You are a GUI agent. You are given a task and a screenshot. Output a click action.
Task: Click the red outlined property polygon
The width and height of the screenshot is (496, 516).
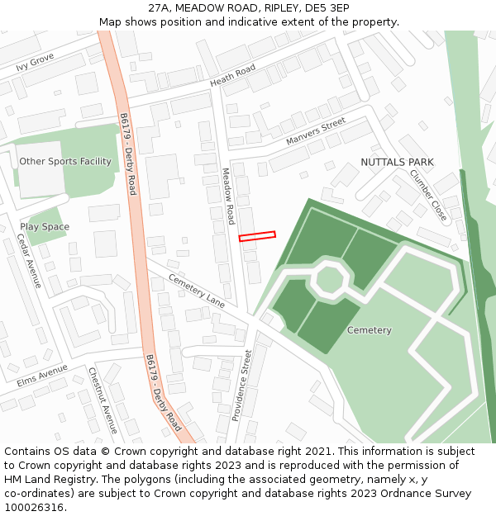(257, 236)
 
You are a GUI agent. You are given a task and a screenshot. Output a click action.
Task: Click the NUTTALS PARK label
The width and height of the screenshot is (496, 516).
(397, 162)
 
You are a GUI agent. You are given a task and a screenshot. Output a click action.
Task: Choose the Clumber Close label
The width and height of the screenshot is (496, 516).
(428, 195)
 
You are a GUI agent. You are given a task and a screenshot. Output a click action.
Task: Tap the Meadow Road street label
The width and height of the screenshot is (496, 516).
(228, 196)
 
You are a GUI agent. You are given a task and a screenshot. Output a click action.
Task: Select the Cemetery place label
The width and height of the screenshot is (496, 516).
(369, 330)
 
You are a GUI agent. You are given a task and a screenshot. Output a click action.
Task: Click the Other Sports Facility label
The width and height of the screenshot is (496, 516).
(65, 162)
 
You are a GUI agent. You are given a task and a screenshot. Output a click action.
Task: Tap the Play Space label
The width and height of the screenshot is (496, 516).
(45, 226)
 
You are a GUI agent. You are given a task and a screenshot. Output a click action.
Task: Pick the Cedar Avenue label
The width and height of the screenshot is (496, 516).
(29, 260)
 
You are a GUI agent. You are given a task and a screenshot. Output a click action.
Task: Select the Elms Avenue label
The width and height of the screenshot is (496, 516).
(41, 376)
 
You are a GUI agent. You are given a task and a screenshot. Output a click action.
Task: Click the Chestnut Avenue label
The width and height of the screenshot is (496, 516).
(103, 400)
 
